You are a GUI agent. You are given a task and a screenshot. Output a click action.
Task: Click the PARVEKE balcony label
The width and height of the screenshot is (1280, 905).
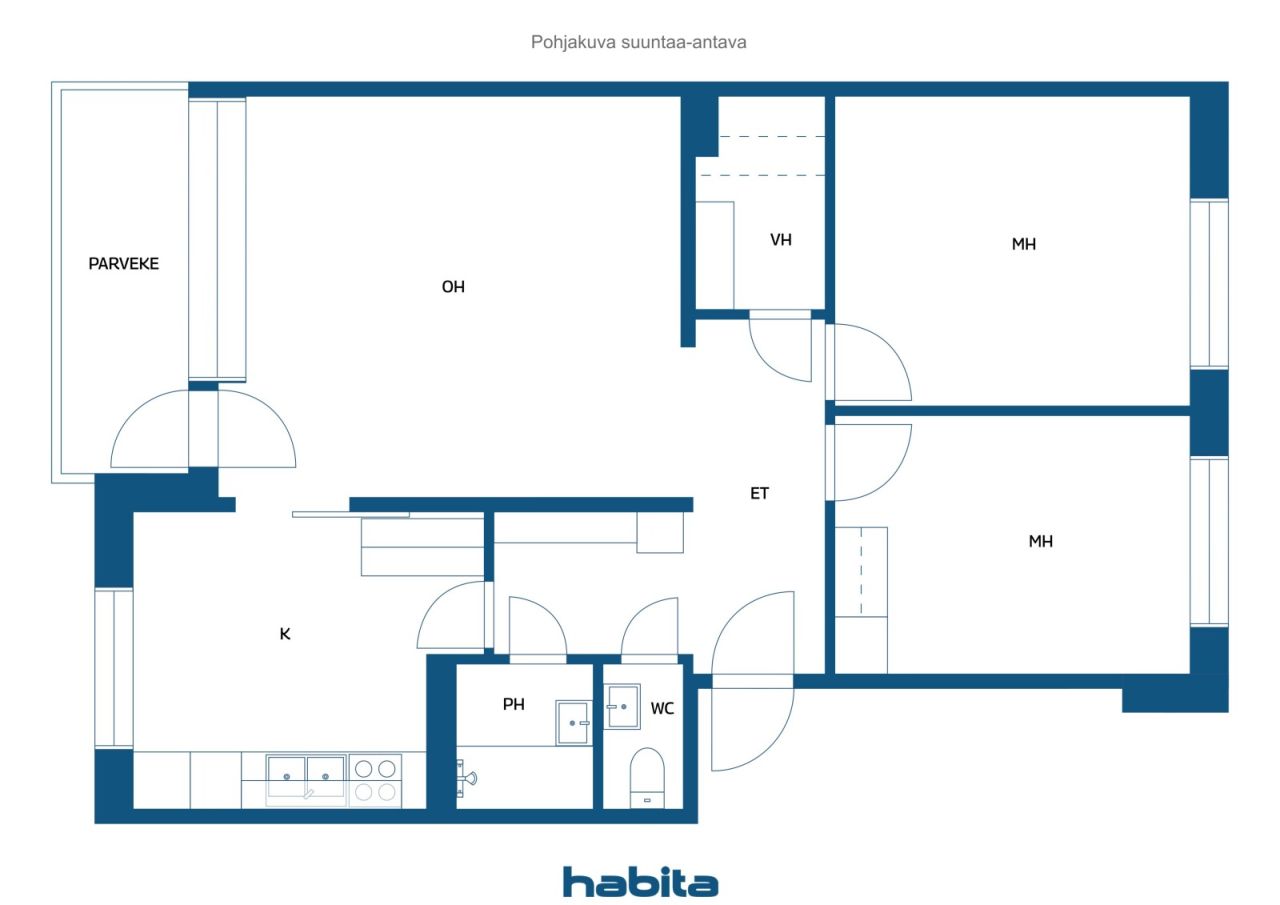click(123, 263)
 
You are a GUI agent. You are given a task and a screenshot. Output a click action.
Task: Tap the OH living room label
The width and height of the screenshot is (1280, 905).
click(453, 287)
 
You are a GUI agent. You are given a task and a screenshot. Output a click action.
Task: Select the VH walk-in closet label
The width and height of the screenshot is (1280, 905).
click(781, 240)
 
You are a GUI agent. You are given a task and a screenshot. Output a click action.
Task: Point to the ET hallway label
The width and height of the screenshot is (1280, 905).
click(759, 493)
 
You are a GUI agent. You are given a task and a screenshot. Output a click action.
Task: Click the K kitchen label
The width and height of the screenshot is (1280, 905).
click(285, 634)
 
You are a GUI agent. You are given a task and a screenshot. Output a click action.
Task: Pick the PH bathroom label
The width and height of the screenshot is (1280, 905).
click(513, 704)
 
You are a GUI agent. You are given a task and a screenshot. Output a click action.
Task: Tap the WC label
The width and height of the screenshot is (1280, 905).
click(662, 709)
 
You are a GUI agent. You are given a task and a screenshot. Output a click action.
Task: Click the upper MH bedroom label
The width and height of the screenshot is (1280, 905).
click(1023, 245)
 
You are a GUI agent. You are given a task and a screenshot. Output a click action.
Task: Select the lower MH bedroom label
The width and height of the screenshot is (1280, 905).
click(1041, 542)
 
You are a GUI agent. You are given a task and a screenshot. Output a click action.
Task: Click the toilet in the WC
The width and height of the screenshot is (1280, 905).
click(647, 778)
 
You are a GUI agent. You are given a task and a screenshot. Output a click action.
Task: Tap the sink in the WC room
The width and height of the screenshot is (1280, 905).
click(622, 707)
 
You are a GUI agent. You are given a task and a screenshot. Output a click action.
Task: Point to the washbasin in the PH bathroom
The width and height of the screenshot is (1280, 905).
click(573, 723)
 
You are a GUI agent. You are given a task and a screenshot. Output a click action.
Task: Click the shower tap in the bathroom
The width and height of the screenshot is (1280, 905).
click(466, 778)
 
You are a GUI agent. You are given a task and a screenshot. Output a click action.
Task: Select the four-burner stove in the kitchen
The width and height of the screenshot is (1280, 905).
click(375, 780)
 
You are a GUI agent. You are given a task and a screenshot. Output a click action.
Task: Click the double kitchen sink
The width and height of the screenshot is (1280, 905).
click(306, 780)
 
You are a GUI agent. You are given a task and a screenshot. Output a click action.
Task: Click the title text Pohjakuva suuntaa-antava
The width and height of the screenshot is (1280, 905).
click(638, 42)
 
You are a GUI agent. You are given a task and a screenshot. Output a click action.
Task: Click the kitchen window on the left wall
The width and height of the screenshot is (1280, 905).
click(114, 668)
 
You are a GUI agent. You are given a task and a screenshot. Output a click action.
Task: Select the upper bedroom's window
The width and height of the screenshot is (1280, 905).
click(1209, 284)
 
